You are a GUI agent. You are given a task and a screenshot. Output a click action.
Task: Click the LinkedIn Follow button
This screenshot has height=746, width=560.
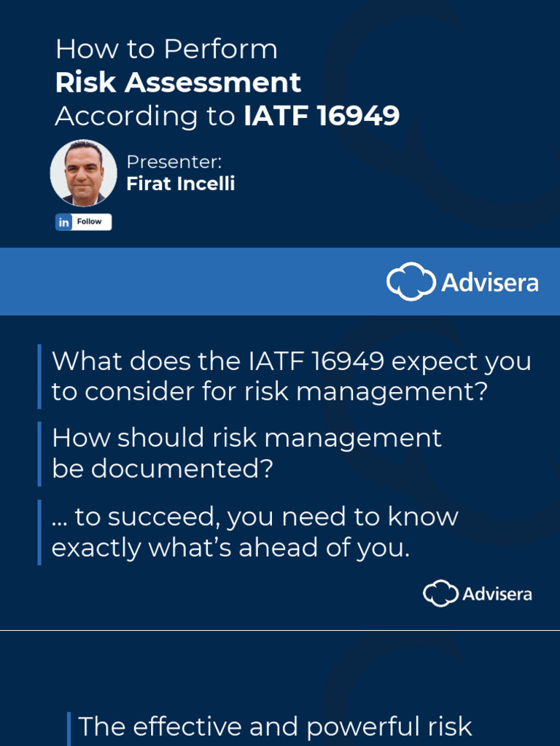click(84, 222)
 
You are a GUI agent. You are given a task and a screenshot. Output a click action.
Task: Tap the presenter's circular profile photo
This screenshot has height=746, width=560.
click(83, 173)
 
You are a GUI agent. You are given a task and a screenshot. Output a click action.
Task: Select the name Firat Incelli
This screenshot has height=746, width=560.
click(180, 184)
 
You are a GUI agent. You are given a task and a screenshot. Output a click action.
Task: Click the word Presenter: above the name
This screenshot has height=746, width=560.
click(174, 162)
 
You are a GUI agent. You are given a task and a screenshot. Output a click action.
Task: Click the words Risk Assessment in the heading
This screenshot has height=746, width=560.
click(178, 82)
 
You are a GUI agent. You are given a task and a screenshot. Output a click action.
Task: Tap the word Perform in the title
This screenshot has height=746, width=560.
click(220, 50)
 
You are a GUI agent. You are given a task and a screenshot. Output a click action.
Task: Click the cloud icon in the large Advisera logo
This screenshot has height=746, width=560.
click(410, 282)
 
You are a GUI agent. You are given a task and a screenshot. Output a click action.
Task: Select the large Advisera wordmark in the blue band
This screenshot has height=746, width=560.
click(489, 283)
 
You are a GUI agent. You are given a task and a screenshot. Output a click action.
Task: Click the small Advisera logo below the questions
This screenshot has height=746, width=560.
click(478, 593)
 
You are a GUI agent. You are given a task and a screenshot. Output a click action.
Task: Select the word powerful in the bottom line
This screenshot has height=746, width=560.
click(362, 726)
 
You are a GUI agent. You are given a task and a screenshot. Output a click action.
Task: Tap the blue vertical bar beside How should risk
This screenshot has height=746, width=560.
click(39, 453)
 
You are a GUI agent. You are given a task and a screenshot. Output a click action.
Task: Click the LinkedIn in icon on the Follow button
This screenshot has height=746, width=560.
click(64, 222)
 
